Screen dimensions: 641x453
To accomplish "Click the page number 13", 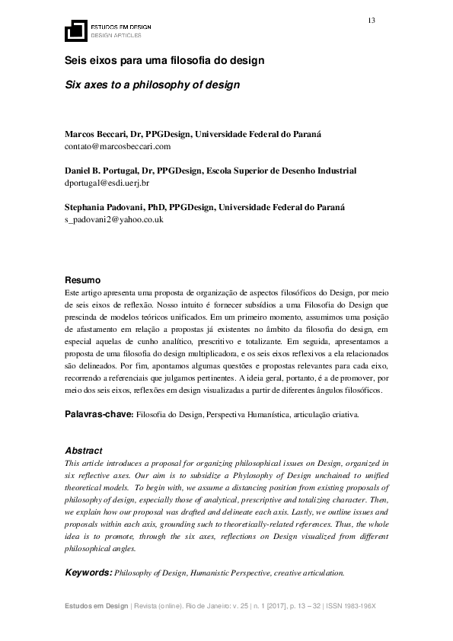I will [x=372, y=20].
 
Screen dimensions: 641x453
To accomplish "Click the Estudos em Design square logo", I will [x=75, y=30].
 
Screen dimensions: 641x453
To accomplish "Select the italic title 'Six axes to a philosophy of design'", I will [x=152, y=85].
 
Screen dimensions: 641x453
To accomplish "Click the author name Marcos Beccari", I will [x=94, y=134].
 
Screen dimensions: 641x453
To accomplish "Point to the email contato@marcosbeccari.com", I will [x=117, y=145].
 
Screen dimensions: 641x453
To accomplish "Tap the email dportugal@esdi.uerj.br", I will [x=107, y=183].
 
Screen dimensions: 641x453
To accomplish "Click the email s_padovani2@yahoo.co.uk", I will [x=113, y=219].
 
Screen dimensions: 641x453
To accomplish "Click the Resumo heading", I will [x=81, y=279].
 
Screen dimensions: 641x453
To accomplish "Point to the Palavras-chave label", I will [x=99, y=415].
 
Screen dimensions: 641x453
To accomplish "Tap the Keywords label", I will [x=88, y=572].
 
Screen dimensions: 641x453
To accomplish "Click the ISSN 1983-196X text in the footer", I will [x=356, y=605].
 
